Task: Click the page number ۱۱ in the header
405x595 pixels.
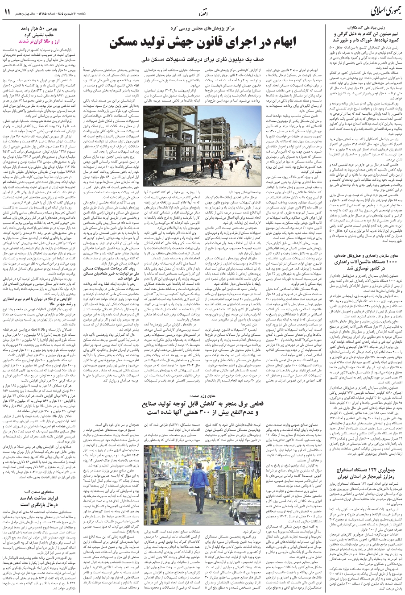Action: tap(7, 12)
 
